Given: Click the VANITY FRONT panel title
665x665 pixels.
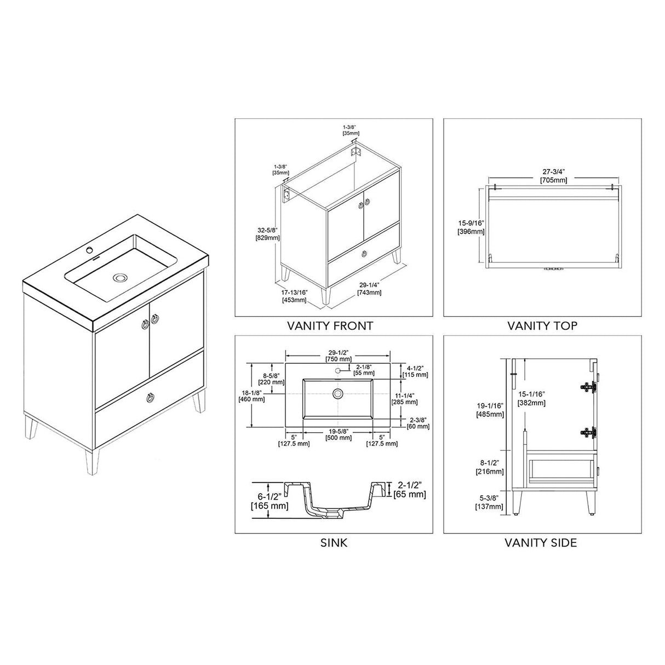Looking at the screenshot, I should (x=330, y=326).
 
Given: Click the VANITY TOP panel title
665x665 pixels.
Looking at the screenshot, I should (x=542, y=326).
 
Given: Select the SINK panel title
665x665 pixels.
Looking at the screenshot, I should (x=334, y=543).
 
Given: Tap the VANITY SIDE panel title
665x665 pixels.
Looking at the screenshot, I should (x=541, y=543).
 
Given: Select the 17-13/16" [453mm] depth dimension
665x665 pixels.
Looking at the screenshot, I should (x=295, y=296).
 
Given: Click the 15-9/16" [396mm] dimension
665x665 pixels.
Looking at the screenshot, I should (x=471, y=227).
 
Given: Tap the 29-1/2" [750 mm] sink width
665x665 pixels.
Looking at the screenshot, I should (x=338, y=356).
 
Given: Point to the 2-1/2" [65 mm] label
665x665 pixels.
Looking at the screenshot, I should (x=410, y=490).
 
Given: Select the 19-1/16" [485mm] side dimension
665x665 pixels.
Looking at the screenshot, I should (x=490, y=410).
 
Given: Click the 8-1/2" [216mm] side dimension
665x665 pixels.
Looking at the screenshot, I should (x=490, y=467).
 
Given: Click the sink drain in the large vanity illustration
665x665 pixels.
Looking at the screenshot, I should (x=119, y=278).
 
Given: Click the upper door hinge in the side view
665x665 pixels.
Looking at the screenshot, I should (x=588, y=386).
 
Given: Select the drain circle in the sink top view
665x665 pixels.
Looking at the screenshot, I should (x=337, y=393).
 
